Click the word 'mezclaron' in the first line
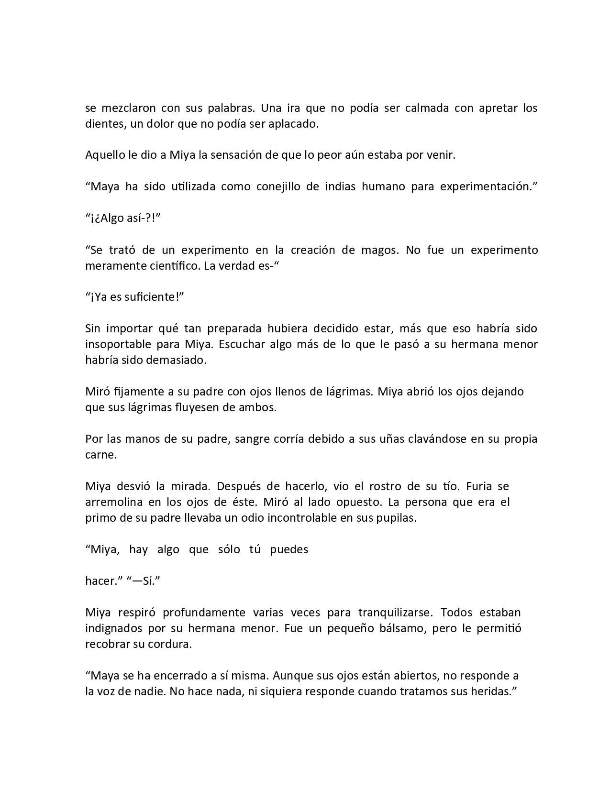(126, 108)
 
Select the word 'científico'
(171, 266)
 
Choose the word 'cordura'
(171, 644)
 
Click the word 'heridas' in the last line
(490, 691)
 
